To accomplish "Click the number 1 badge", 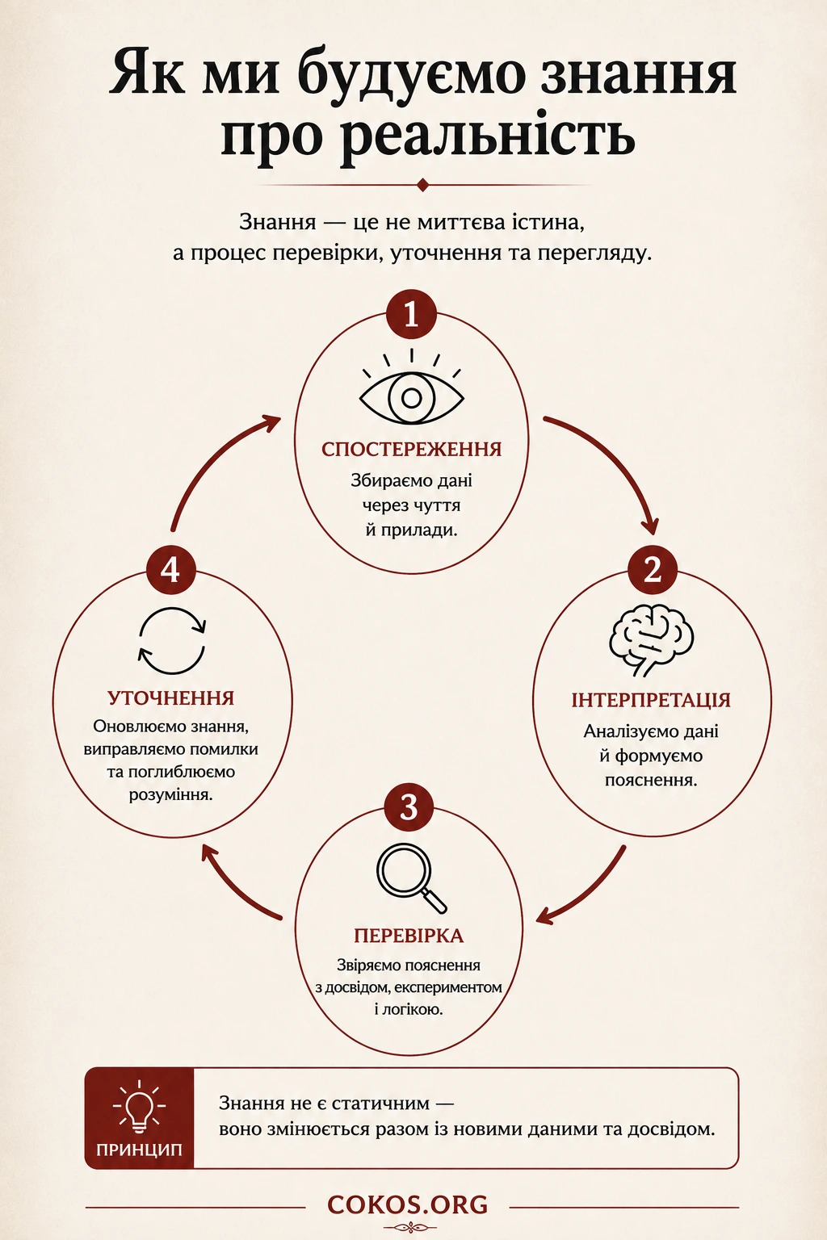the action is [411, 314].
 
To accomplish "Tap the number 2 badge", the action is [653, 569].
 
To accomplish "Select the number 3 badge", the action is [409, 807].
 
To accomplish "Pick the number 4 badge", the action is [171, 569].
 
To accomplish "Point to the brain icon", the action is [652, 640].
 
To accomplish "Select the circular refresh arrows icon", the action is [172, 641].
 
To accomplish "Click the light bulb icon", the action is [139, 1107].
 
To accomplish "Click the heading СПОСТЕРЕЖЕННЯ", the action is [412, 450].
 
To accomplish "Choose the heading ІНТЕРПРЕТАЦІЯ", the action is [652, 700].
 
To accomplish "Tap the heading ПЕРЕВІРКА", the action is [409, 936].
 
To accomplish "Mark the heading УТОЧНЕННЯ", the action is [171, 698].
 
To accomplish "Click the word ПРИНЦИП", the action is [139, 1150].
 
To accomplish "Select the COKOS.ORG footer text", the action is [408, 1204].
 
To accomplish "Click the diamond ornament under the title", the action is [423, 185].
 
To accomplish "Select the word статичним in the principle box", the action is [382, 1104].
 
